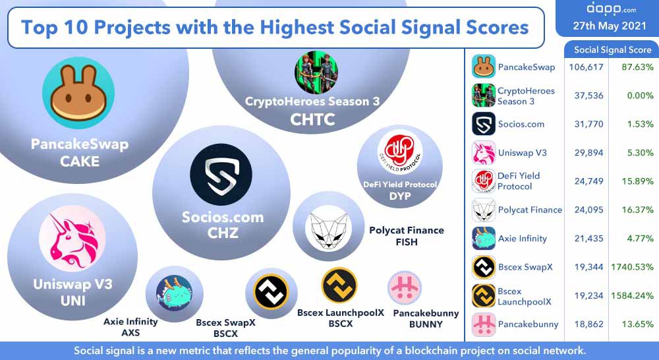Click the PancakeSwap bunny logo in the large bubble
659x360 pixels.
point(78,93)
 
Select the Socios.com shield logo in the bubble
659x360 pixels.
point(221,175)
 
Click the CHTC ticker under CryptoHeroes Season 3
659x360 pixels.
point(312,119)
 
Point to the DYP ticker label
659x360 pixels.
point(399,196)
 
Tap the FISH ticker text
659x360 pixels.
point(407,242)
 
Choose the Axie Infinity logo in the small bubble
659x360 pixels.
point(174,293)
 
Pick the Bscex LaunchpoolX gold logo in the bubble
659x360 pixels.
point(339,285)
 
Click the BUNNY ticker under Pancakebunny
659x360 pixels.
point(425,324)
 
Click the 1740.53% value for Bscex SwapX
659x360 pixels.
point(632,267)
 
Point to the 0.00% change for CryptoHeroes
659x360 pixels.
point(637,96)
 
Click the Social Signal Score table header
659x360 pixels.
point(612,49)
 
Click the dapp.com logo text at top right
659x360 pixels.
point(602,9)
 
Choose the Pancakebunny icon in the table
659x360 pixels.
point(484,324)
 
